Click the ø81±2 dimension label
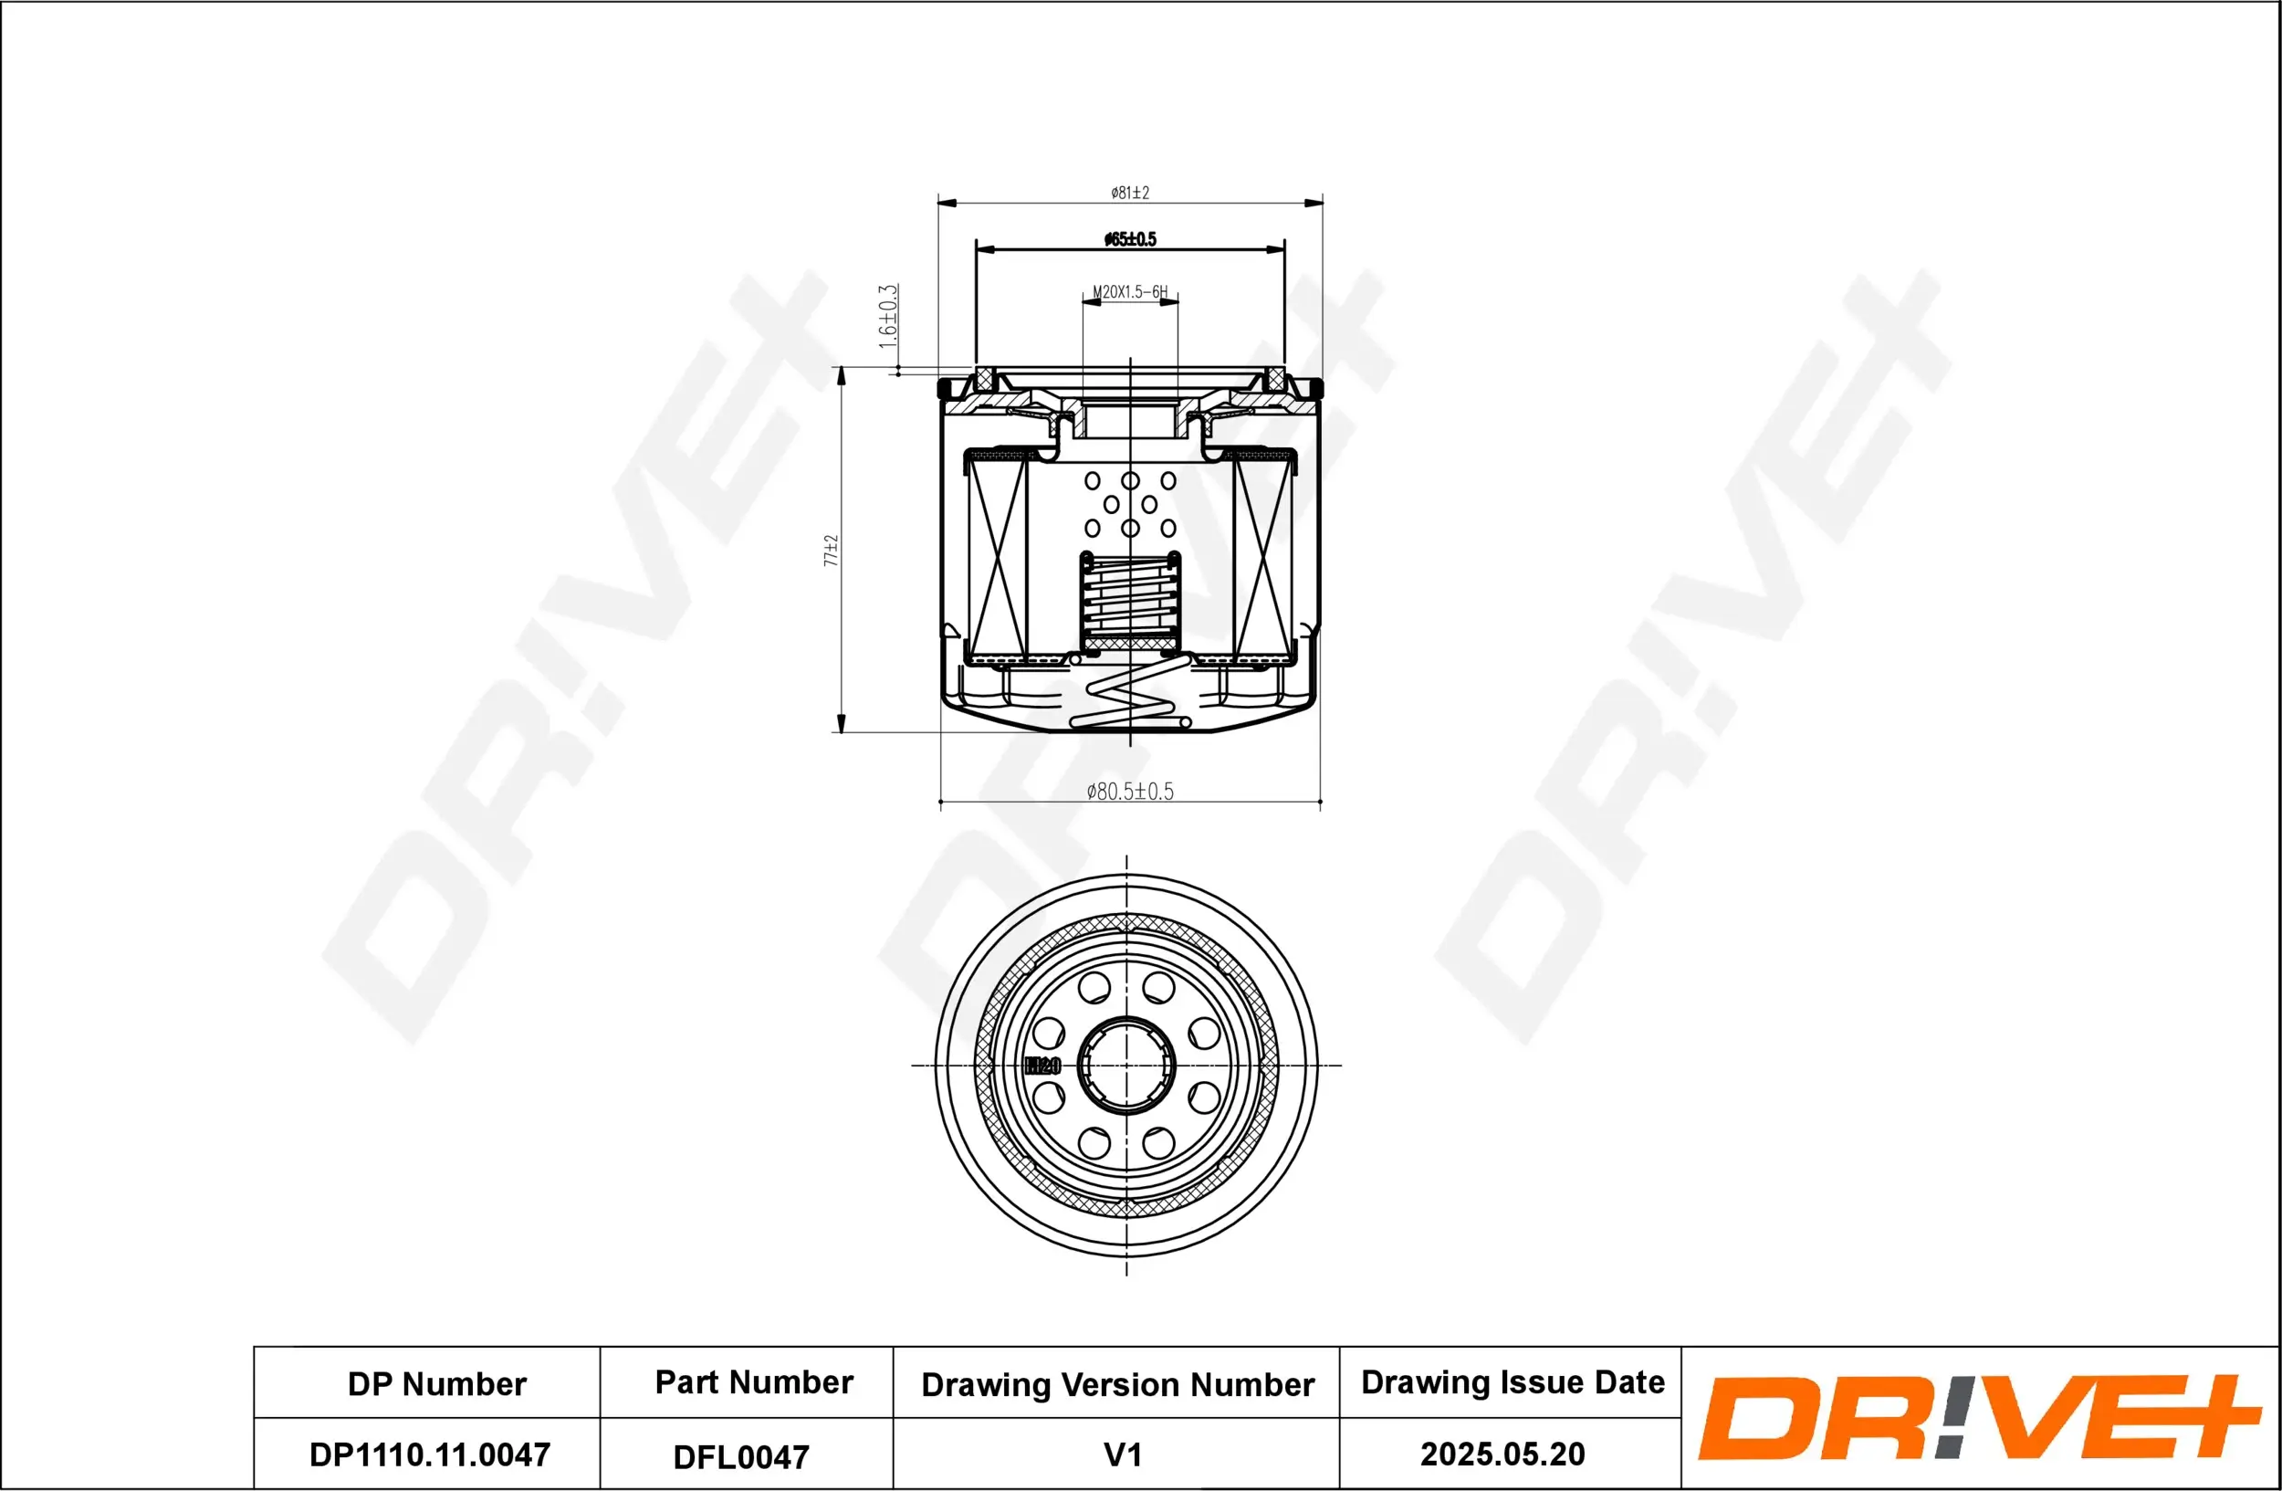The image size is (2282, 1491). click(1129, 193)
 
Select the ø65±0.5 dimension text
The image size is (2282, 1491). click(1129, 238)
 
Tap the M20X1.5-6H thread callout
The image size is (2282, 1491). click(1129, 291)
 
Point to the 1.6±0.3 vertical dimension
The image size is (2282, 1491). click(888, 316)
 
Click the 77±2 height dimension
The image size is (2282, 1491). click(832, 551)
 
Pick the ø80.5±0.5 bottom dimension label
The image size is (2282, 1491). click(1129, 791)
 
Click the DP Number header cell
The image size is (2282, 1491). click(436, 1383)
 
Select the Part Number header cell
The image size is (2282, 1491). click(754, 1381)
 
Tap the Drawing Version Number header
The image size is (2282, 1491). click(1117, 1384)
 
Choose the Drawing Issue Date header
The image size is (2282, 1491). click(1513, 1381)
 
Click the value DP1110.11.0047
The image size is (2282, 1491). click(430, 1454)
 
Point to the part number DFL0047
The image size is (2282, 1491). click(740, 1456)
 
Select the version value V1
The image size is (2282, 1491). click(1123, 1454)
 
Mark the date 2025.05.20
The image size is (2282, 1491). click(1502, 1454)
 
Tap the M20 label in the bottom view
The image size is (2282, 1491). click(1042, 1066)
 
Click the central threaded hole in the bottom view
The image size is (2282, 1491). click(1126, 1065)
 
